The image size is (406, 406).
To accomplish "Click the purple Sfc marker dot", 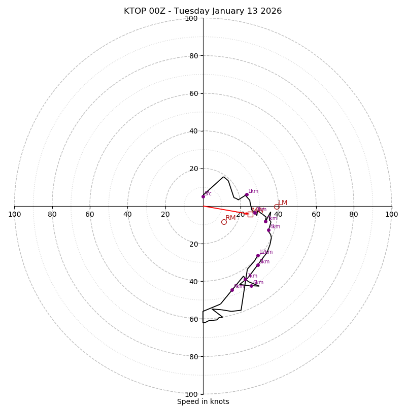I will tap(203, 196).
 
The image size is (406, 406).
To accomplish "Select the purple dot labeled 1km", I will tap(247, 195).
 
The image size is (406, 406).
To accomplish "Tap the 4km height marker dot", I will tap(268, 230).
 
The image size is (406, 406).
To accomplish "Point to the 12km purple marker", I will tap(258, 256).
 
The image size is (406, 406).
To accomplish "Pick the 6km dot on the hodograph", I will tap(251, 286).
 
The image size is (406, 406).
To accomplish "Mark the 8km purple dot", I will tap(232, 290).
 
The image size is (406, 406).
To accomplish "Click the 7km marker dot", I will tap(245, 279).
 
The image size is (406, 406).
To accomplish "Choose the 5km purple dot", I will tap(258, 265).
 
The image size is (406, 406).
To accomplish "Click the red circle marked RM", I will tap(224, 222).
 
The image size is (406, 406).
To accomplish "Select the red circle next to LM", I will tap(277, 207).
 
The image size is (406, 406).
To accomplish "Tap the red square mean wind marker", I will tap(250, 214).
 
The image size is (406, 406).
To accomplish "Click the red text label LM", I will tap(283, 203).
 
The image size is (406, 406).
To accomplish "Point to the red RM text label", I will tap(230, 218).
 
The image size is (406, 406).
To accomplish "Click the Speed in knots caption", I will tap(203, 402).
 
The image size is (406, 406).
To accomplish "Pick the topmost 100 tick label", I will tap(191, 19).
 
